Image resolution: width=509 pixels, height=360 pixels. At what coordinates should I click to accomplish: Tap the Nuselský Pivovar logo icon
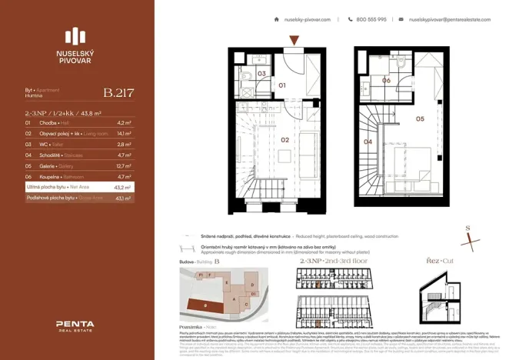76,36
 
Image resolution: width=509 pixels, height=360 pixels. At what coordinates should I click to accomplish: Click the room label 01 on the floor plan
282,85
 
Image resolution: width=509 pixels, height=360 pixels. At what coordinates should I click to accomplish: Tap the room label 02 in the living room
284,140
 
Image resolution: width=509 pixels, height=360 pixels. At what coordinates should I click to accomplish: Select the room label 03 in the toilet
261,74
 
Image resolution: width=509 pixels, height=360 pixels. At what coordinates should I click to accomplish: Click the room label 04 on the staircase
368,142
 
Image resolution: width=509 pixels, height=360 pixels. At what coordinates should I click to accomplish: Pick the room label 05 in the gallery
420,118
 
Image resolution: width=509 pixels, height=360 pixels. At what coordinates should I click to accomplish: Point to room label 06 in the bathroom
386,80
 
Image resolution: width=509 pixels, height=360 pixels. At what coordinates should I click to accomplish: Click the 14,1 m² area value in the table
124,133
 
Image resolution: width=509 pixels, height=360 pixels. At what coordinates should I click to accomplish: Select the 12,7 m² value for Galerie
124,165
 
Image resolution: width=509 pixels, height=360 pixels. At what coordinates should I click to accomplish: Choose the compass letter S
468,228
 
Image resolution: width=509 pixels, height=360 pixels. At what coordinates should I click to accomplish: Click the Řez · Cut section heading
438,262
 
